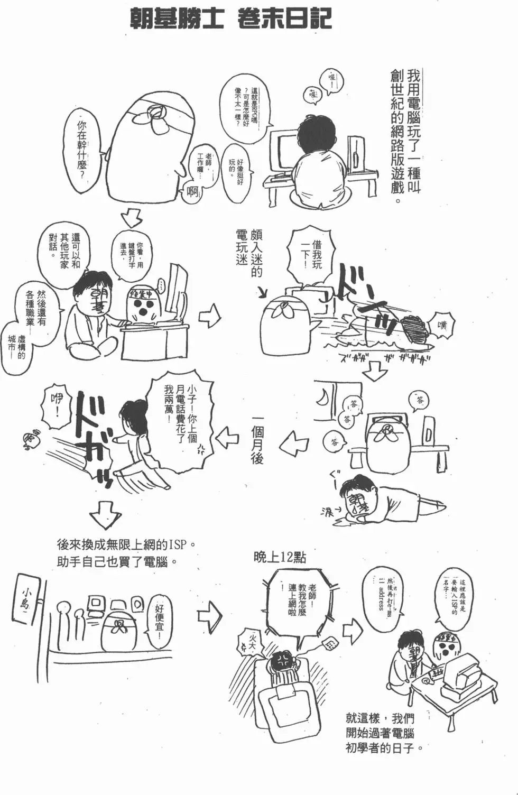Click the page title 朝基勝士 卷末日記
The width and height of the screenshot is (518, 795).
230,20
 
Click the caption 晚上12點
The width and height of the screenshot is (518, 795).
279,557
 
